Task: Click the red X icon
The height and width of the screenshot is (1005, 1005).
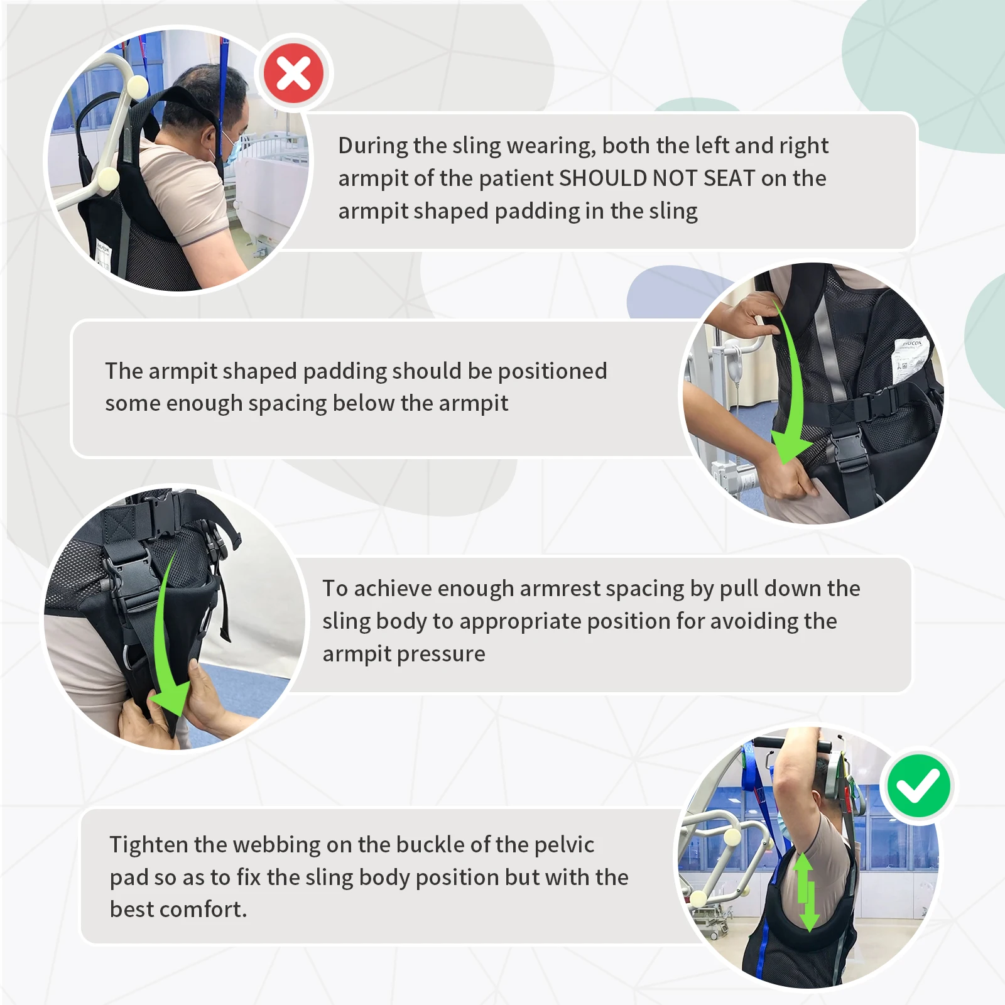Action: point(294,73)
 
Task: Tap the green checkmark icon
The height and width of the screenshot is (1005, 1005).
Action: point(918,786)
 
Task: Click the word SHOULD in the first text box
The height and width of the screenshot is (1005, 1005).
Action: point(602,178)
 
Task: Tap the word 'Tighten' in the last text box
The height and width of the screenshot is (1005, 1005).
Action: point(149,845)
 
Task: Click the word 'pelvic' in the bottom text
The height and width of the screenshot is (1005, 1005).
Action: point(564,845)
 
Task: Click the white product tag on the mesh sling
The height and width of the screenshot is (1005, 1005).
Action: point(910,358)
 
